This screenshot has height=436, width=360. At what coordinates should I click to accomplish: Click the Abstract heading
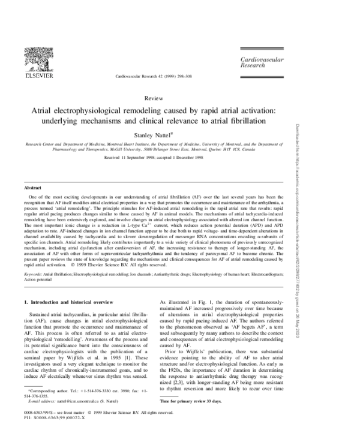(x=32, y=188)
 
